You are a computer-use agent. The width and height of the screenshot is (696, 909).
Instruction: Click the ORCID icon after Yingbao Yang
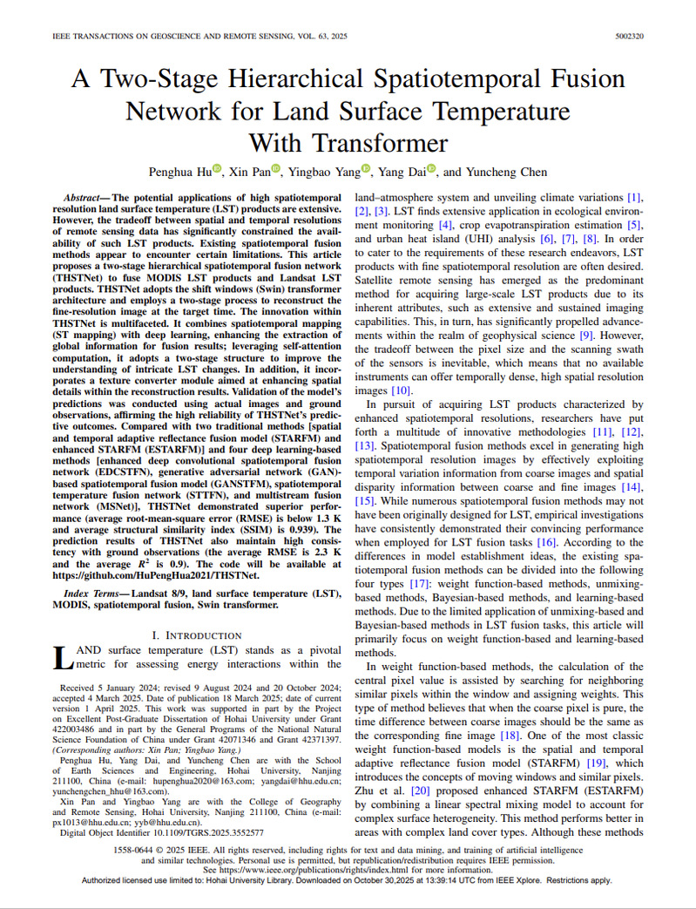(x=367, y=170)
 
